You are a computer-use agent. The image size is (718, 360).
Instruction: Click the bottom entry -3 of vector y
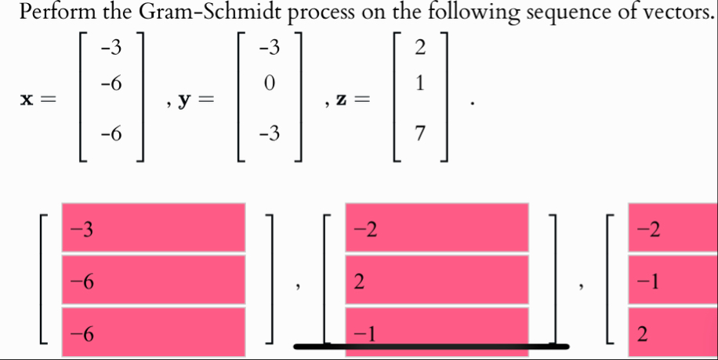tap(270, 138)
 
